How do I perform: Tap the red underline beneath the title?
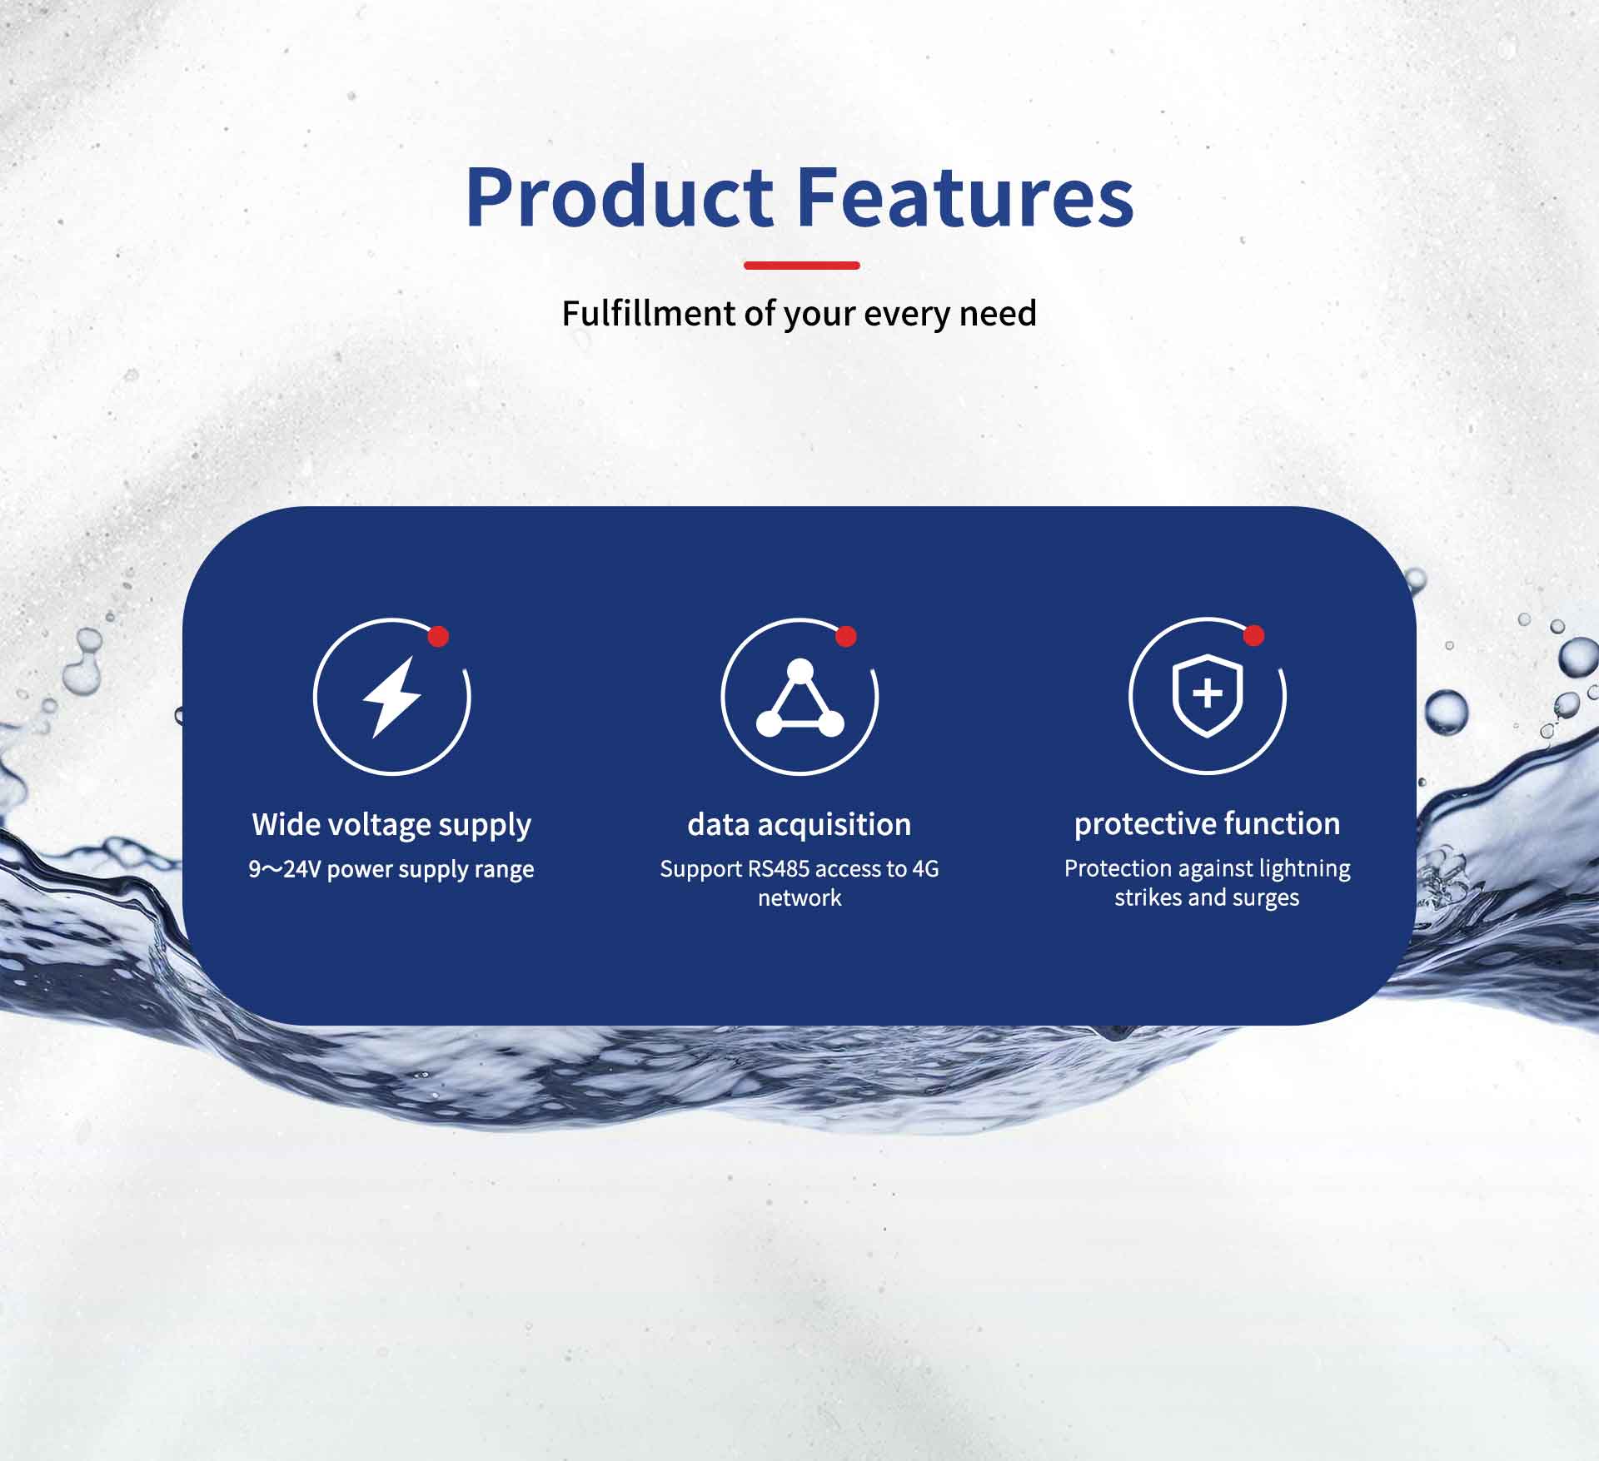pos(801,266)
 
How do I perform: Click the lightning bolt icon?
pos(391,697)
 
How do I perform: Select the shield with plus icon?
pos(1208,695)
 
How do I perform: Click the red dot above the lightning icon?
pos(438,637)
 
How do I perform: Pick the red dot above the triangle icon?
pos(846,637)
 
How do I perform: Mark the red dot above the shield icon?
pos(1253,636)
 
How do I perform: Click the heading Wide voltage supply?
pos(391,825)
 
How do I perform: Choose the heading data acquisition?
pos(799,825)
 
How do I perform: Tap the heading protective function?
pos(1208,824)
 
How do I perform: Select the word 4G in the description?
pos(925,869)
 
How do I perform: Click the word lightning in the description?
pos(1305,869)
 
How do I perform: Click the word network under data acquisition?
pos(799,898)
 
